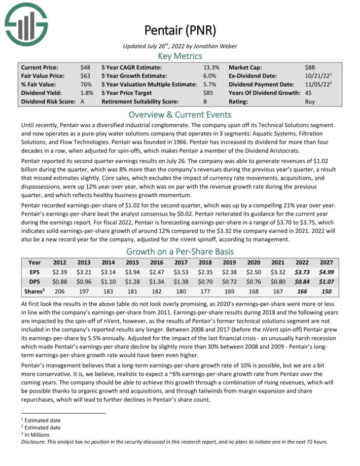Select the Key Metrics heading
tap(180, 56)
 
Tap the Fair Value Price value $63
tap(86, 76)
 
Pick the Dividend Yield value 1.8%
tap(86, 93)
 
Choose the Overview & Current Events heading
tap(180, 114)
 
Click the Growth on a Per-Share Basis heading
tap(180, 251)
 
